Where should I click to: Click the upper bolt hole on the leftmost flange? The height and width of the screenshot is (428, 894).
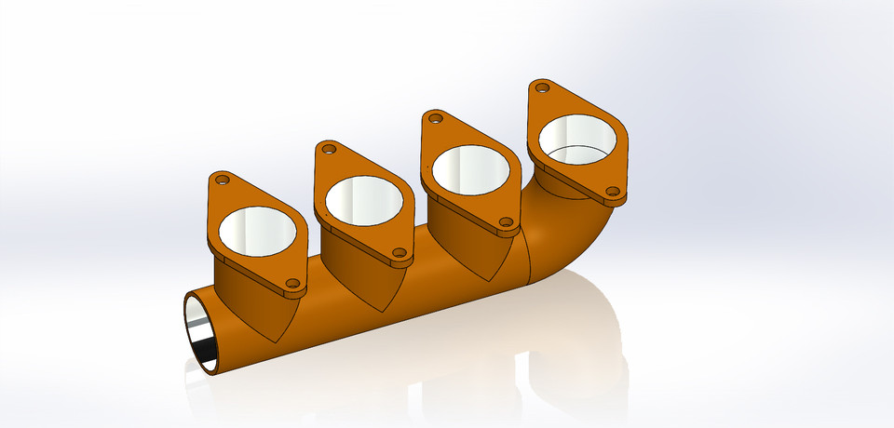222,179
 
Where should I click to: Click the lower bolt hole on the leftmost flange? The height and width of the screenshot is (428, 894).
291,283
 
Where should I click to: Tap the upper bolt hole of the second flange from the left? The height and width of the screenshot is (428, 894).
327,148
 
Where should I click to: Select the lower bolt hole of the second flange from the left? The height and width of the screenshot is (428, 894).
399,252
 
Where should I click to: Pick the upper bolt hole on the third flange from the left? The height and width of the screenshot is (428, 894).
434,117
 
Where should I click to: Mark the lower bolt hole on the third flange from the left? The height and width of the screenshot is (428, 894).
506,222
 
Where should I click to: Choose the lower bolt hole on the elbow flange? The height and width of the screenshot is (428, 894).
613,192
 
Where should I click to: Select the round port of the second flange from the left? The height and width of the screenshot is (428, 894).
363,199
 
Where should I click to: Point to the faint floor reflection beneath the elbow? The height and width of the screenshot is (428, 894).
596,354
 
